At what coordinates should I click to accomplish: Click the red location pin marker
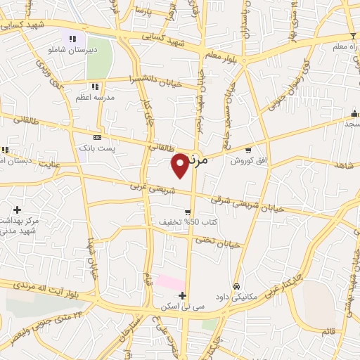coord(181,165)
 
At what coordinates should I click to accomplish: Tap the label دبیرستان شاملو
coord(72,51)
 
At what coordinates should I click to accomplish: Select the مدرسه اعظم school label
coord(96,99)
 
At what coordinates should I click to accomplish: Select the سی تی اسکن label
coord(180,307)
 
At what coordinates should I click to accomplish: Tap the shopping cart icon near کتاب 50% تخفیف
coord(188,211)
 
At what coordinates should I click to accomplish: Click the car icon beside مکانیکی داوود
coord(237,287)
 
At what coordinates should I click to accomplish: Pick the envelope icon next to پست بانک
coord(96,137)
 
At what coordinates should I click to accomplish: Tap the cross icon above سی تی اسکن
coord(182,295)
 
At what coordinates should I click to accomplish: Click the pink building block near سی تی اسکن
coord(169,283)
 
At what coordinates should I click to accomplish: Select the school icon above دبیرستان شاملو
coord(72,39)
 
